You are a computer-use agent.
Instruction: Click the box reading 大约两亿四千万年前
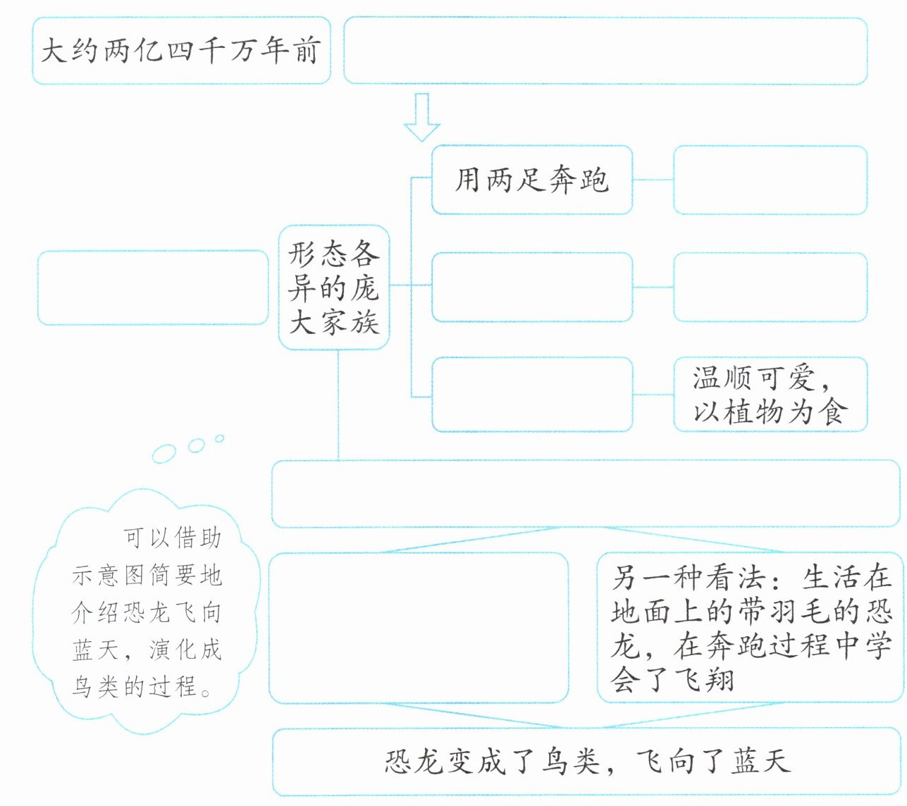(181, 51)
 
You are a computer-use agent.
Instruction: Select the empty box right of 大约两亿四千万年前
(605, 51)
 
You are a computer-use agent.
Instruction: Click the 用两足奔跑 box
(531, 180)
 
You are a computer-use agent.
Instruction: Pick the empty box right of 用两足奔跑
(770, 180)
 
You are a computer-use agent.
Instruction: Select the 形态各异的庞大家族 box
(334, 287)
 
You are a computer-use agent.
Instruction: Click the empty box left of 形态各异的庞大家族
(152, 287)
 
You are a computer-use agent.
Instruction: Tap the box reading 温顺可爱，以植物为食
(770, 395)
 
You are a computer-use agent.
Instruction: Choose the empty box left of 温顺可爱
(531, 395)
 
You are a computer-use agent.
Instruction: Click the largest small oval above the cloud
(163, 454)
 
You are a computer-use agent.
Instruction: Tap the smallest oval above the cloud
(219, 438)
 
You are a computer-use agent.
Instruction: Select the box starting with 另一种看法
(750, 628)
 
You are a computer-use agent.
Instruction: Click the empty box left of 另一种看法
(419, 628)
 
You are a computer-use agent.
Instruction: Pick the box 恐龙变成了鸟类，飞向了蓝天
(586, 762)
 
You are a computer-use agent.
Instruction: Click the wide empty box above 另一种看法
(585, 493)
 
